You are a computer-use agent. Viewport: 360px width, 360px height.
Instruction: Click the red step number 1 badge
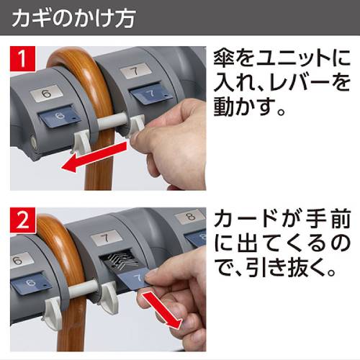[23, 59]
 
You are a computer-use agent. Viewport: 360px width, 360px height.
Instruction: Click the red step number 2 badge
[23, 220]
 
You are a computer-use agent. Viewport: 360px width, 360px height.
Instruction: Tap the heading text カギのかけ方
[73, 17]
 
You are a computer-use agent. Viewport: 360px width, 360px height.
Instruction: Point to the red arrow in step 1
[94, 157]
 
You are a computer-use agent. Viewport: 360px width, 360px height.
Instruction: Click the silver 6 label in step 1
[47, 93]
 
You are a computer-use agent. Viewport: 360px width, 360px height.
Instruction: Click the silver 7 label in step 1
[136, 71]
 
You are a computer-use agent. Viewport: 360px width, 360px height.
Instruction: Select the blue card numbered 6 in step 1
[59, 117]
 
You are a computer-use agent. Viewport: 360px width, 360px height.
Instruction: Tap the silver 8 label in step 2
[190, 217]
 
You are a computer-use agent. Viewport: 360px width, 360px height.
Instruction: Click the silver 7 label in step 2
[106, 238]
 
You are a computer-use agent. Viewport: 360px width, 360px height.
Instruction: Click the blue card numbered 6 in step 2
[30, 283]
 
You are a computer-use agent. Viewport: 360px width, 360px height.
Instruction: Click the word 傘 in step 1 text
[224, 58]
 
